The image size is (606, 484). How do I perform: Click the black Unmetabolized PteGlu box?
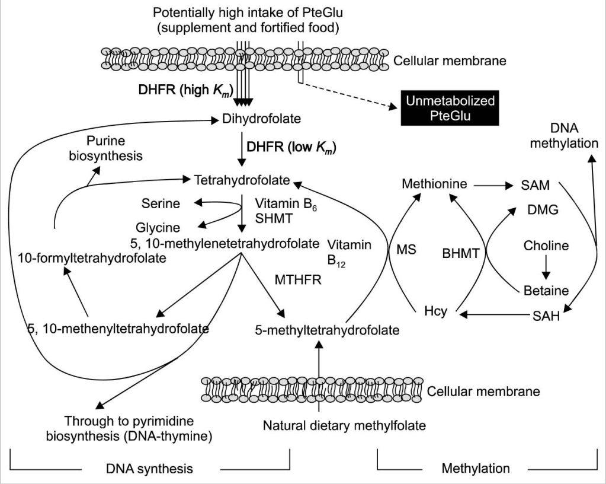pyautogui.click(x=450, y=108)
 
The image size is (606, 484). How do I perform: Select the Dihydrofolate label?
pyautogui.click(x=262, y=120)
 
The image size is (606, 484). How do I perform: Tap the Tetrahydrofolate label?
pyautogui.click(x=238, y=179)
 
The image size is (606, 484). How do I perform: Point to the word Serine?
pyautogui.click(x=161, y=204)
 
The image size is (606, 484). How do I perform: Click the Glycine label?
pyautogui.click(x=158, y=227)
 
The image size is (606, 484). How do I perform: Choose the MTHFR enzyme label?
pyautogui.click(x=297, y=279)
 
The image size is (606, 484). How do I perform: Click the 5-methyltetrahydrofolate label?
pyautogui.click(x=327, y=330)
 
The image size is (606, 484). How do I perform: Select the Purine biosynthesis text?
pyautogui.click(x=114, y=148)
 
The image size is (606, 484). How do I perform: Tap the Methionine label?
pyautogui.click(x=434, y=184)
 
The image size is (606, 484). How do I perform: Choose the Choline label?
pyautogui.click(x=546, y=246)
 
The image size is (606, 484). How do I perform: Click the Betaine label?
pyautogui.click(x=546, y=291)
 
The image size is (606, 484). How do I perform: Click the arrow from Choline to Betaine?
pyautogui.click(x=546, y=268)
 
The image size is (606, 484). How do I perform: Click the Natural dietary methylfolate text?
pyautogui.click(x=344, y=425)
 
